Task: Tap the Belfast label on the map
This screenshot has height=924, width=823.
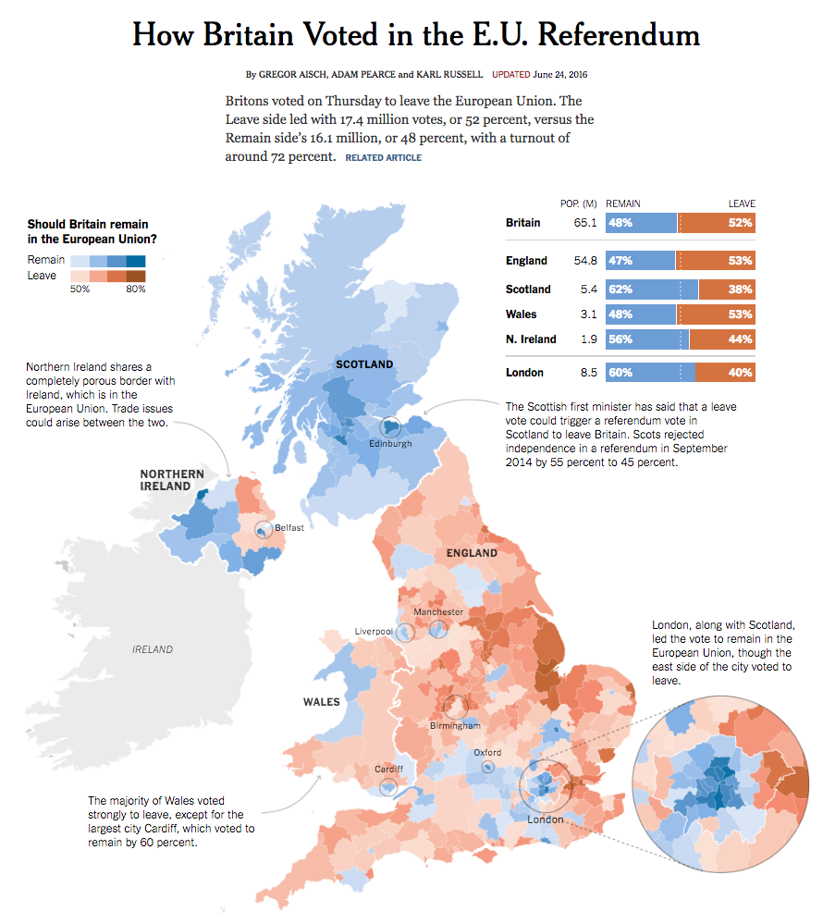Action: (289, 527)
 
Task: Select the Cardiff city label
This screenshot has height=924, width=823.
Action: (388, 769)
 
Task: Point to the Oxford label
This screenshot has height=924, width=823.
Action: (487, 752)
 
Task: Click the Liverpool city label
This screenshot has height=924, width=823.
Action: (374, 632)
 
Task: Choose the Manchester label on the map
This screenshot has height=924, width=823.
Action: (438, 612)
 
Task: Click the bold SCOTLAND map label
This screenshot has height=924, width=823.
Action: (364, 364)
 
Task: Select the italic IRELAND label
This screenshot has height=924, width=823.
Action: (153, 649)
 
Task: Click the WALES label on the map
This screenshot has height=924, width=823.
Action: (322, 702)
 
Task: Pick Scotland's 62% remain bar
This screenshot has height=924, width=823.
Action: (652, 289)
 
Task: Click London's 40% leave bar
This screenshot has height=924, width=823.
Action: (725, 373)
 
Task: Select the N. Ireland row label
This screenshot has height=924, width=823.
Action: (531, 339)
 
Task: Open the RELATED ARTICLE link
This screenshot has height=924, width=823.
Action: (383, 158)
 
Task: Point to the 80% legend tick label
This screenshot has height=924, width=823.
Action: (136, 290)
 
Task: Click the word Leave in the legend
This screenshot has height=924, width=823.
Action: (42, 275)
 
